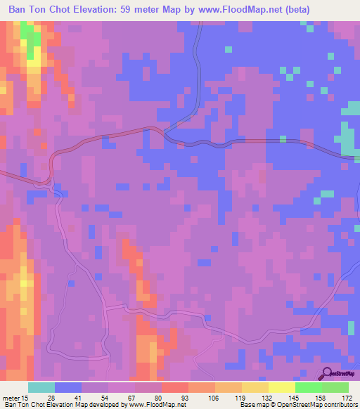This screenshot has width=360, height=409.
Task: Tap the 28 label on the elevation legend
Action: [51, 398]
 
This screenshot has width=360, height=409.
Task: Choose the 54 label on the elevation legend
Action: [104, 398]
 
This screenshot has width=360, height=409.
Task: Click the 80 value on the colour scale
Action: [157, 398]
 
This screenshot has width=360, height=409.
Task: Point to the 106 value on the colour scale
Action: [211, 398]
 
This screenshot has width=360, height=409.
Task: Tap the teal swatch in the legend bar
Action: [41, 387]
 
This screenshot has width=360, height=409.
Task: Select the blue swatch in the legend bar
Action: [68, 387]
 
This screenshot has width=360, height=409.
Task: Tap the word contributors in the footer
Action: [340, 405]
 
